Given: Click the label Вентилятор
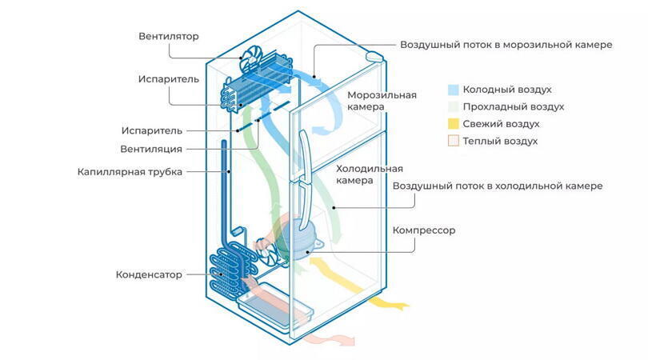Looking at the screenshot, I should click(168, 36).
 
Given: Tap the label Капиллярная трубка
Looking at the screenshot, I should click(130, 171).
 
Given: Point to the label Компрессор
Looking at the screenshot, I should click(423, 230).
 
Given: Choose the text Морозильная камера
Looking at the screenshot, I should click(382, 102).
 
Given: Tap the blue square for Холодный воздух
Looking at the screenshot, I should click(453, 90).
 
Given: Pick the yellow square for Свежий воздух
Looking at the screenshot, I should click(453, 124).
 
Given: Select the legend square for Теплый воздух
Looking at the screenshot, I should click(453, 141).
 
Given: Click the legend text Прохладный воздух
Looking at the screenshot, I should click(514, 107).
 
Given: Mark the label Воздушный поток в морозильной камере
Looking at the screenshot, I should click(506, 45).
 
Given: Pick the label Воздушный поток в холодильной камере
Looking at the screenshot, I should click(497, 186).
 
